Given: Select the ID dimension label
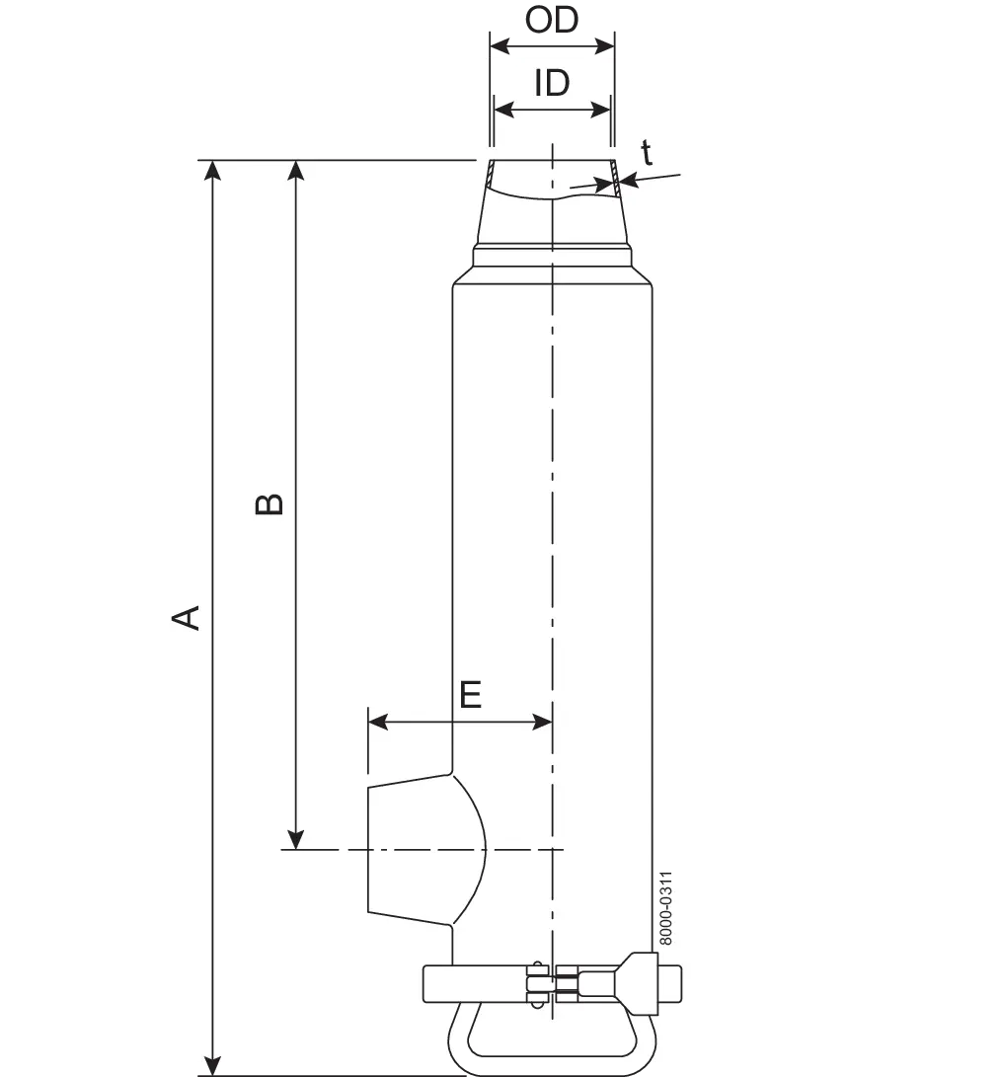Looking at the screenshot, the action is coord(552,83).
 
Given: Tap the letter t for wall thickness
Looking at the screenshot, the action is coord(647,152).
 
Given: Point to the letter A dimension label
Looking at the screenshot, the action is coord(185,617).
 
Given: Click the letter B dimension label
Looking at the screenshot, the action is coord(269,503).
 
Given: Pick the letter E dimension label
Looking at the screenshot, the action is coord(471,695).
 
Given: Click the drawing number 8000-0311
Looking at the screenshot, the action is coord(665,908).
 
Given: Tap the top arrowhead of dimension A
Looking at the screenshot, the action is coord(213,170).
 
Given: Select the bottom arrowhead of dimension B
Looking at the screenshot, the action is coord(295,840).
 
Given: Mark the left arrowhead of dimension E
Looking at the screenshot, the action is coord(378,722).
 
